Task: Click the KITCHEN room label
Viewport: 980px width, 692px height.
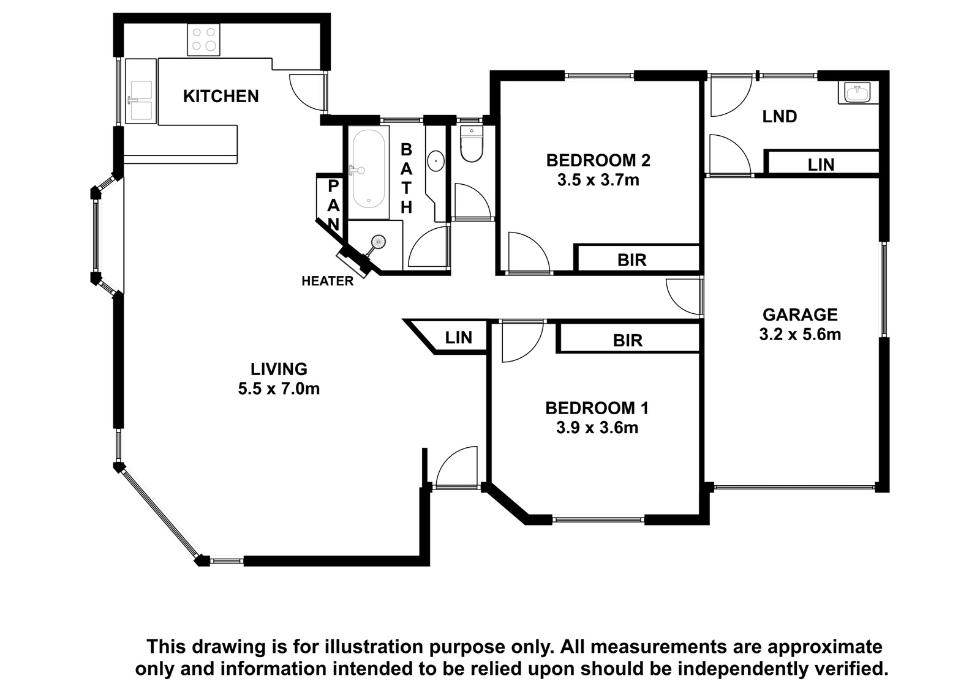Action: (x=221, y=96)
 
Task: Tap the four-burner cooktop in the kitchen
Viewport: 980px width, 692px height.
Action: (x=204, y=39)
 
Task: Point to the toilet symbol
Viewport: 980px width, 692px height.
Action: (x=471, y=144)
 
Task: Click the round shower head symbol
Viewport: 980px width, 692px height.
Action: (x=377, y=242)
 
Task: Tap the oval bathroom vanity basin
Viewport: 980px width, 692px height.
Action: (x=435, y=161)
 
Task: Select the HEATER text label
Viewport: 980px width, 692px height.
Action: (x=327, y=281)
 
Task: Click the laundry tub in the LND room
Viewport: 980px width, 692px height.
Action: (x=858, y=92)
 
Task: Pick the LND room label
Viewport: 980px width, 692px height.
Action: (x=779, y=117)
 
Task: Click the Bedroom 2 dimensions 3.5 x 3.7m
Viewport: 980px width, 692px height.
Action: (x=598, y=180)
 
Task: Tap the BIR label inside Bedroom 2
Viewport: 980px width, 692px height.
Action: (x=631, y=260)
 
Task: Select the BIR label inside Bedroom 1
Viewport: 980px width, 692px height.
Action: (x=628, y=340)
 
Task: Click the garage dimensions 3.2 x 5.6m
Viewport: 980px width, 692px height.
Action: (x=800, y=335)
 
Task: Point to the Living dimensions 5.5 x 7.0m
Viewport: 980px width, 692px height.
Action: (x=279, y=388)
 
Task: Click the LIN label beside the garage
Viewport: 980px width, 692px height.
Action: (x=821, y=165)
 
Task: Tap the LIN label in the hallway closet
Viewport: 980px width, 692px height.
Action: (x=459, y=338)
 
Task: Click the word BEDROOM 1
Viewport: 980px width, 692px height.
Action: (x=597, y=408)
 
